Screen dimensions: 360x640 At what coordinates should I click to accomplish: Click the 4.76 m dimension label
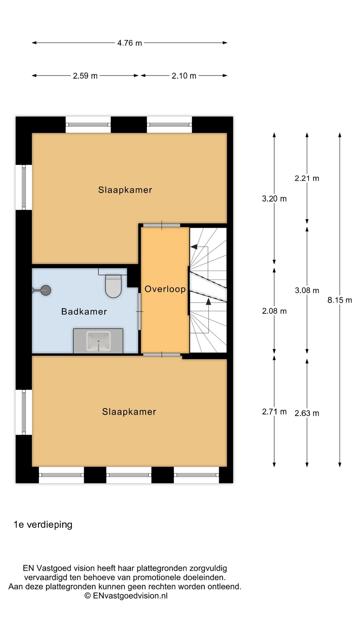point(130,43)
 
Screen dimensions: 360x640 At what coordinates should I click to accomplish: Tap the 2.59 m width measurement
point(85,76)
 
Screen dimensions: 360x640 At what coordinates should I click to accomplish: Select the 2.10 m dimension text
point(184,76)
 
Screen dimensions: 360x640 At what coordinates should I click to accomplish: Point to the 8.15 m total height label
point(340,300)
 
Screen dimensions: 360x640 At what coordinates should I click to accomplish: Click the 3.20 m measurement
point(274,199)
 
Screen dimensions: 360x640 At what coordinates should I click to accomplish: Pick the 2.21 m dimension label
point(307,178)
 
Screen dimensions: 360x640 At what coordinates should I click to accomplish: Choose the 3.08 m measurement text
point(307,290)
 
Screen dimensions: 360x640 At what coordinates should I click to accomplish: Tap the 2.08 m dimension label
point(274,311)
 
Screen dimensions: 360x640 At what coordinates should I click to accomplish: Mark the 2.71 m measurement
point(274,412)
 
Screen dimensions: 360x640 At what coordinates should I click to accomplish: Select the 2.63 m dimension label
point(307,413)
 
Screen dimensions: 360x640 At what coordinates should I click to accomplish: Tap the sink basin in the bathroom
point(98,341)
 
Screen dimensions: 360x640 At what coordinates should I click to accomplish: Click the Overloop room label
point(165,289)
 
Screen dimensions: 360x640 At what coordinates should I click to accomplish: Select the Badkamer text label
point(84,312)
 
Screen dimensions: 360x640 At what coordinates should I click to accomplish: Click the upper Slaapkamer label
point(125,190)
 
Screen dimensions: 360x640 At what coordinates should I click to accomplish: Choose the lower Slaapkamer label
point(129,412)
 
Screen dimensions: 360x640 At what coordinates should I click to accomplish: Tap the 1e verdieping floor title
point(43,525)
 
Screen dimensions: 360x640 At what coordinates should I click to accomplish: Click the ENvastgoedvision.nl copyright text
point(126,596)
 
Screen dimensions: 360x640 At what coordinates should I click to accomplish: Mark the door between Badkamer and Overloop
point(140,311)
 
